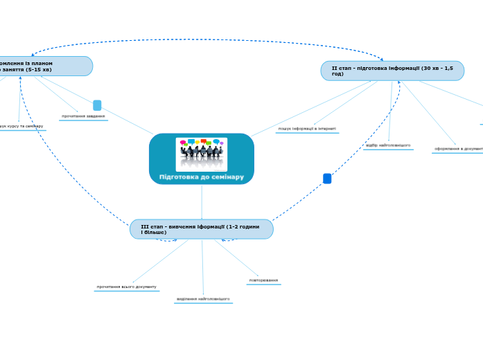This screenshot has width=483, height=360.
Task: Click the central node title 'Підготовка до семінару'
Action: (x=202, y=177)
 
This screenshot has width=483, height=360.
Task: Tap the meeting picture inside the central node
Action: (x=202, y=153)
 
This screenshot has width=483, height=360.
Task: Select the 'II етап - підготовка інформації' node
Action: (x=392, y=71)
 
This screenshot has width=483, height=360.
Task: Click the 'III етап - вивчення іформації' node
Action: (x=201, y=229)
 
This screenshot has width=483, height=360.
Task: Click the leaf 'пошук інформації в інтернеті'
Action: (x=307, y=129)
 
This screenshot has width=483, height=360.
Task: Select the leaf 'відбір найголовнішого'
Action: (x=388, y=145)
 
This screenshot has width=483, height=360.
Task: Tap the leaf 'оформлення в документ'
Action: (x=458, y=149)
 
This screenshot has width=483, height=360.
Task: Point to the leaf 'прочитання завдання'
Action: (x=83, y=116)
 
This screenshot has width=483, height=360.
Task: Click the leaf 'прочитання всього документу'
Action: (x=127, y=287)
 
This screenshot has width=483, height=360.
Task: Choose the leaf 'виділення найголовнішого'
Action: (x=203, y=299)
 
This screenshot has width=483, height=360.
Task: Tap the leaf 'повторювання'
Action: (x=263, y=280)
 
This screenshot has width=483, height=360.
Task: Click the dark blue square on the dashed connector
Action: (x=327, y=179)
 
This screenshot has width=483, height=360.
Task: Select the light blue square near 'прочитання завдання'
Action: (x=97, y=105)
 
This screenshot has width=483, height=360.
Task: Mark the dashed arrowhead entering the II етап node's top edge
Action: (x=381, y=60)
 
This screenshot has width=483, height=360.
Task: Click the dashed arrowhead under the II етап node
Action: (x=399, y=83)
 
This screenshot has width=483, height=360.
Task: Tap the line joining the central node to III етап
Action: (x=202, y=202)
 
